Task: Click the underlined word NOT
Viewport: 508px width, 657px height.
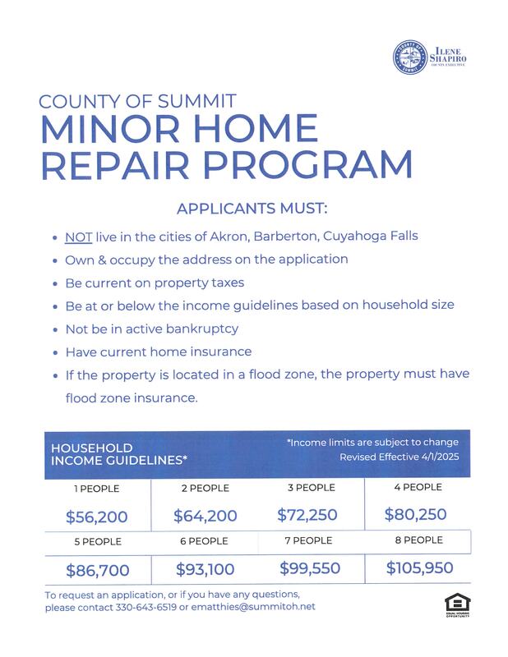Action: point(78,237)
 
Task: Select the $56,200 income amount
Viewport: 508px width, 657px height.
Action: point(97,517)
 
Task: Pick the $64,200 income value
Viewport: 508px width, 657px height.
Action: point(206,517)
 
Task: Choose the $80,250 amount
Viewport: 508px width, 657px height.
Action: point(415,515)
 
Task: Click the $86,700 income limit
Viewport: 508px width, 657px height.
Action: point(97,570)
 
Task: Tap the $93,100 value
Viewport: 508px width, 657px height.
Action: point(206,569)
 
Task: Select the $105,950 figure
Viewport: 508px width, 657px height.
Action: point(419,567)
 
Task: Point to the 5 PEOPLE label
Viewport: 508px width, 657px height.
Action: point(95,542)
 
